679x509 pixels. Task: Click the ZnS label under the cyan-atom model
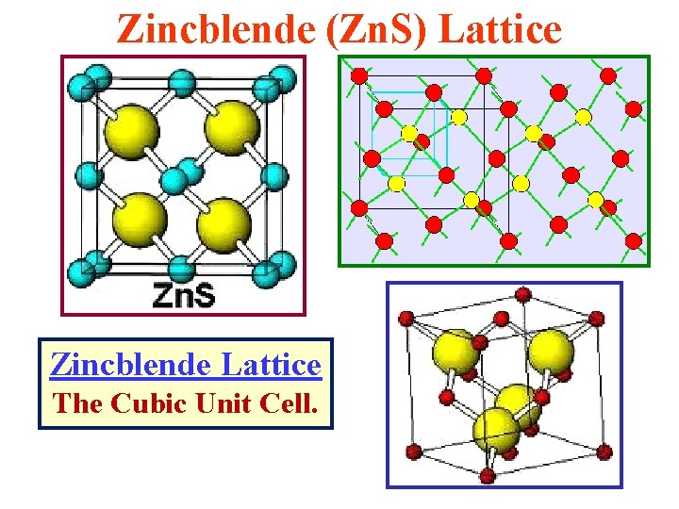point(184,296)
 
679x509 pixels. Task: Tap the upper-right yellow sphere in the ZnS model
point(232,128)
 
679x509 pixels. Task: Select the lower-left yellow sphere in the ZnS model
point(140,219)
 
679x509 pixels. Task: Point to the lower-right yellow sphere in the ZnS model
point(224,221)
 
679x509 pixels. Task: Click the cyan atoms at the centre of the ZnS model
point(182,174)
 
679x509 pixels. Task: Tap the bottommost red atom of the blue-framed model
point(488,473)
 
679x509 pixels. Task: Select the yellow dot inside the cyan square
point(409,132)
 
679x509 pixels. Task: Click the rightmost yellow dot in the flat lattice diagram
point(596,198)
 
